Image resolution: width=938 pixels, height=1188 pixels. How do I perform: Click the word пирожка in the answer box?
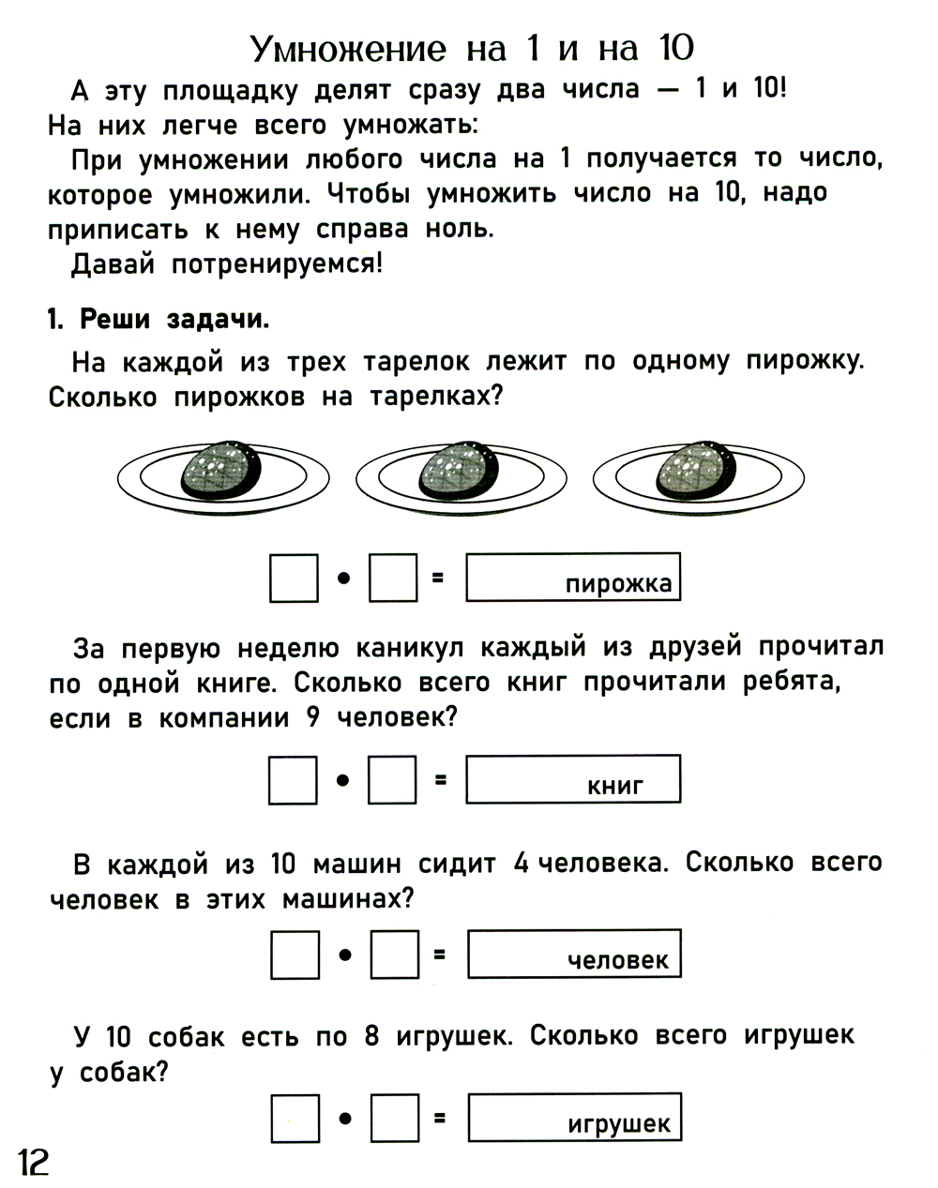click(618, 584)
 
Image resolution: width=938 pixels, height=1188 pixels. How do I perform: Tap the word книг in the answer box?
click(615, 786)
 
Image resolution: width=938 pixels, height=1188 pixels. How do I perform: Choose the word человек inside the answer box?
click(618, 960)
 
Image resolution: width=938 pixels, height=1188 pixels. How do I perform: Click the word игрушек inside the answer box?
click(619, 1123)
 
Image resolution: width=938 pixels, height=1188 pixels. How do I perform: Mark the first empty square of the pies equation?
click(294, 578)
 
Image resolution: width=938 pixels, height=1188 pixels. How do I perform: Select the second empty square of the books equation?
click(392, 780)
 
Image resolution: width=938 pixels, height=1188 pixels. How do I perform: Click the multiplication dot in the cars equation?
click(344, 955)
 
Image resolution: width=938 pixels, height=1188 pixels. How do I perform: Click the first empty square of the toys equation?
click(295, 1119)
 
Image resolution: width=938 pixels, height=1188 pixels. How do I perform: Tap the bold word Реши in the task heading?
click(114, 319)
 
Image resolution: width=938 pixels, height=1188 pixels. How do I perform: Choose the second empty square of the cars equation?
click(394, 955)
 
